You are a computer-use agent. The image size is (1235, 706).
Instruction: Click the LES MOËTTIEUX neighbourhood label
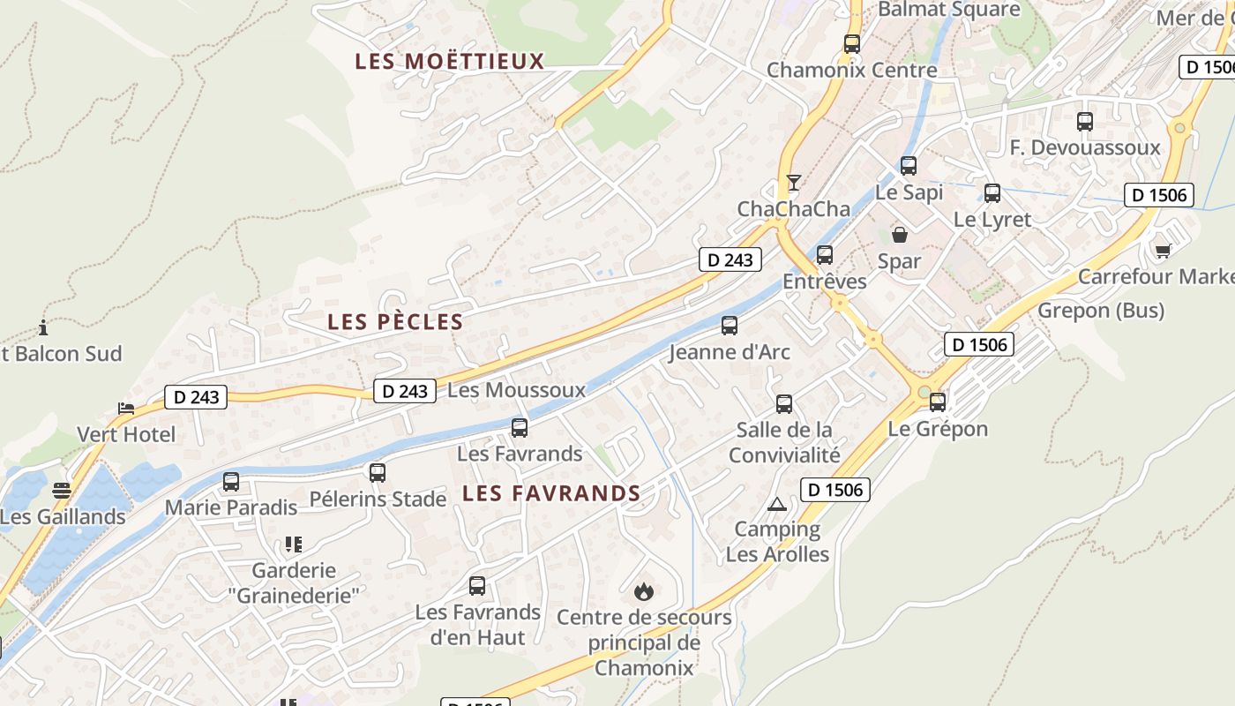450,61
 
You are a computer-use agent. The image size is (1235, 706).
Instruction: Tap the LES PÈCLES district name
395,322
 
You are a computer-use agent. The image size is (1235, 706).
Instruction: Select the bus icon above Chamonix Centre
852,43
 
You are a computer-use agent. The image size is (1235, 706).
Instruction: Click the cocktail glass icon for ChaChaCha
794,183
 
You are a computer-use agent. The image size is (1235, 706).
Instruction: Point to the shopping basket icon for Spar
900,235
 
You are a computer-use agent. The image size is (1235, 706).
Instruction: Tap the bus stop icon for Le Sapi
909,165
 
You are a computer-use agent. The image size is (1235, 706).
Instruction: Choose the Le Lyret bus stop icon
992,192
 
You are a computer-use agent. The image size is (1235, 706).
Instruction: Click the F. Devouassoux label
1085,147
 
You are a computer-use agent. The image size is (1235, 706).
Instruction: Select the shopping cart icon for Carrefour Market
1163,251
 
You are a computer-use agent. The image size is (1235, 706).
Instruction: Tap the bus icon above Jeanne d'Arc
730,325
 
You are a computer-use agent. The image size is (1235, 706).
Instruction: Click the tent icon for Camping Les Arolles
776,504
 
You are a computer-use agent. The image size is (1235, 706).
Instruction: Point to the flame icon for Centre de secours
644,590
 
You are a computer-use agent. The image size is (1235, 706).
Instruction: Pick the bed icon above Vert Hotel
126,409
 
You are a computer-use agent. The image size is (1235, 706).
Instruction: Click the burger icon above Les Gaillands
61,490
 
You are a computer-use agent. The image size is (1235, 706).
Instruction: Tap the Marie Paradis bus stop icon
231,482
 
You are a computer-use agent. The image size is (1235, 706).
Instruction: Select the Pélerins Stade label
378,499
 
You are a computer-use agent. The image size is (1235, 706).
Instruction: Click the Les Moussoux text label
517,390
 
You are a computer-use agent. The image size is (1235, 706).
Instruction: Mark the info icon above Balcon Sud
43,328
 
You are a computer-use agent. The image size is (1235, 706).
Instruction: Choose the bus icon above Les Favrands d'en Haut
477,585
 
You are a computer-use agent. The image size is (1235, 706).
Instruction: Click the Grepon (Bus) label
1101,311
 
